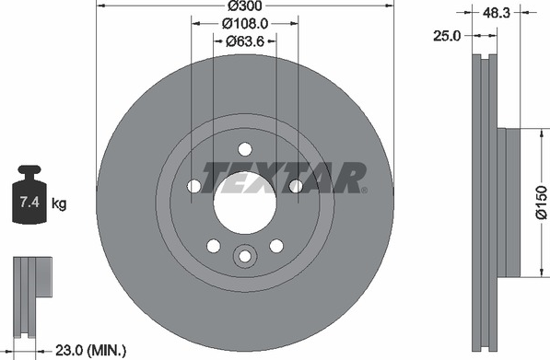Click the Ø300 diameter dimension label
(x=245, y=6)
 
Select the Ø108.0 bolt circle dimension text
(x=245, y=24)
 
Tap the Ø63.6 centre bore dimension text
(x=244, y=41)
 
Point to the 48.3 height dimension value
(x=497, y=13)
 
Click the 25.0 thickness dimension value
(x=447, y=36)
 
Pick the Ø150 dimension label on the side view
(x=541, y=203)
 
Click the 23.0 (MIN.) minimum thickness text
(x=90, y=350)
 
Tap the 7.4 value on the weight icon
(x=29, y=203)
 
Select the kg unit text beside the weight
(x=59, y=203)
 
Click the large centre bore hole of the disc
(x=245, y=203)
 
